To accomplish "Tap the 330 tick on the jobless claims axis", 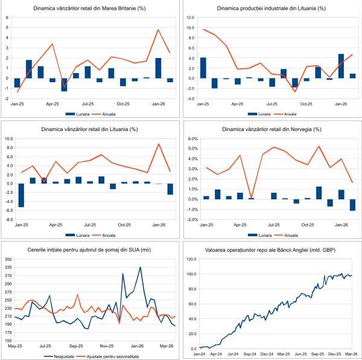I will [x=9, y=267].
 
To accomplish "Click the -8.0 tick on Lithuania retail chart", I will [x=10, y=219].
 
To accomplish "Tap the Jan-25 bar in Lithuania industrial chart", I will [x=203, y=67].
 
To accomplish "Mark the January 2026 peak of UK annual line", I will [x=158, y=30].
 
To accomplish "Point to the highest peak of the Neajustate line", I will [x=140, y=267].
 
